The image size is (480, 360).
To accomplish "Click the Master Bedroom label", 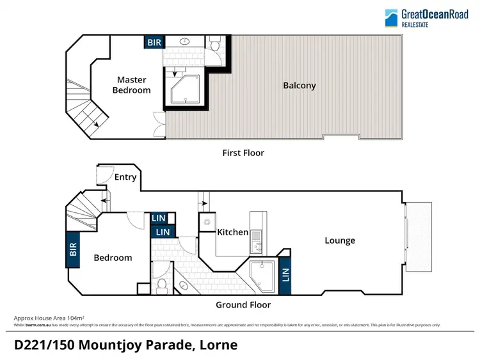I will click(131, 85).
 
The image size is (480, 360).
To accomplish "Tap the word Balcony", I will click(300, 85).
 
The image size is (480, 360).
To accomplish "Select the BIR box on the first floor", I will click(154, 42).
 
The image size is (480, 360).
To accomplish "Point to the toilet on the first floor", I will click(215, 44).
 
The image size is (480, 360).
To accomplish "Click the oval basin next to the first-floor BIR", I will click(185, 43).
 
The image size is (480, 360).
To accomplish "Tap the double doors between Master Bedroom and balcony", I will click(159, 125).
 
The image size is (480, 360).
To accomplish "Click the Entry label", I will click(125, 177).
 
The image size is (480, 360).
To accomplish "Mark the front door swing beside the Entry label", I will click(104, 173).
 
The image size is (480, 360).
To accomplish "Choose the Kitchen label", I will click(232, 232).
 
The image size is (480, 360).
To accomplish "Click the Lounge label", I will click(340, 240).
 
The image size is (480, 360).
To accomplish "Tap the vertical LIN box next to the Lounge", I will click(285, 276).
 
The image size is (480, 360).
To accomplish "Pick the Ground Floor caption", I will click(243, 305).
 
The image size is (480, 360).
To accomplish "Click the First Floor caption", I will click(243, 153).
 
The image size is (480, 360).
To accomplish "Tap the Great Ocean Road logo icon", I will click(392, 17).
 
